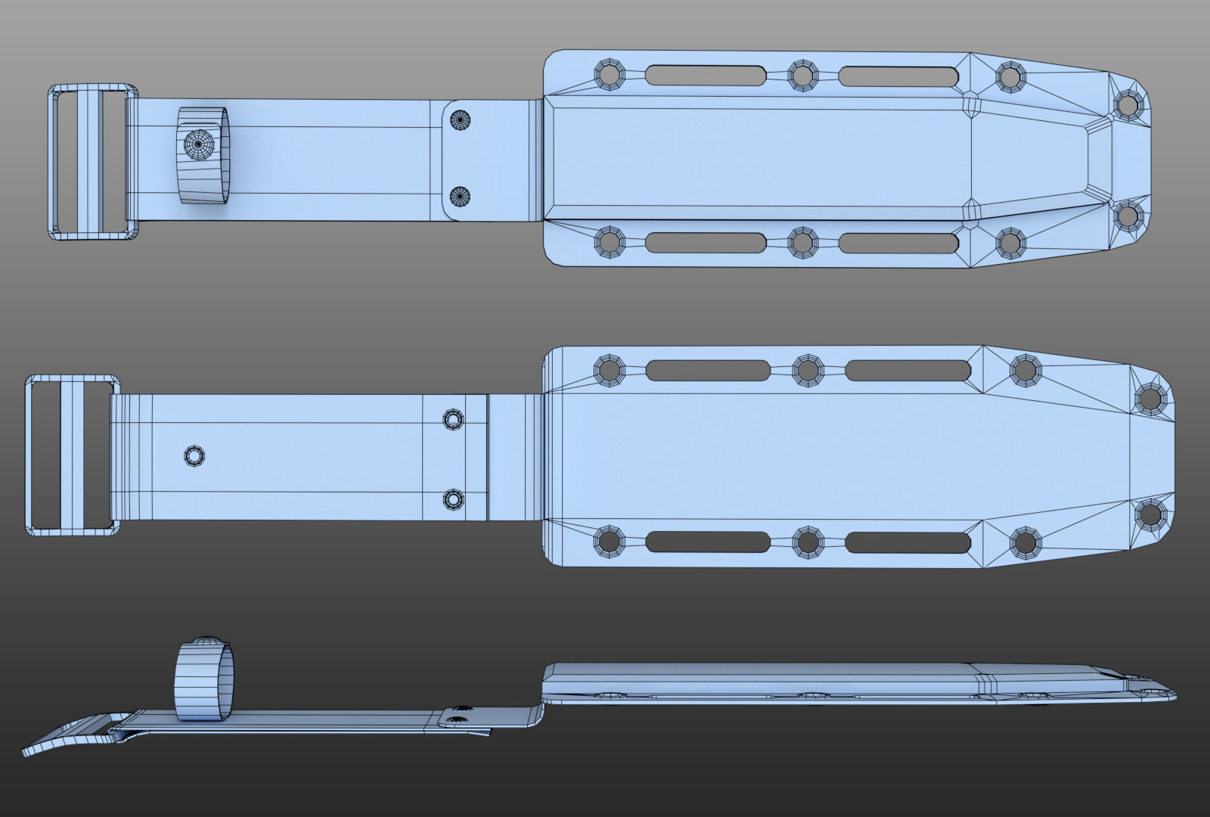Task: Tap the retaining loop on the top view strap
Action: pyautogui.click(x=205, y=156)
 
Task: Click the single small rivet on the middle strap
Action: pyautogui.click(x=194, y=456)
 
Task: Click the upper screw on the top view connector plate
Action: pyautogui.click(x=461, y=120)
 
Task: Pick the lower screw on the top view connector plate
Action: pyautogui.click(x=461, y=197)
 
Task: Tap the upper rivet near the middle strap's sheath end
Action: pyautogui.click(x=453, y=419)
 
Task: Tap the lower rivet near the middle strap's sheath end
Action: pyautogui.click(x=453, y=499)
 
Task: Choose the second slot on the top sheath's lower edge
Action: pyautogui.click(x=898, y=243)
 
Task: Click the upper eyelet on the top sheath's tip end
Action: pyautogui.click(x=1128, y=105)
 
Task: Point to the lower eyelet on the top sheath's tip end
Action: pyautogui.click(x=1128, y=217)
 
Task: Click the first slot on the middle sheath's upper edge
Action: pyautogui.click(x=709, y=370)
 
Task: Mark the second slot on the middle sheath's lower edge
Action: pyautogui.click(x=907, y=542)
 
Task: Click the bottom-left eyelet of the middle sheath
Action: pyautogui.click(x=608, y=542)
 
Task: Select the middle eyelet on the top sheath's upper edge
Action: pyautogui.click(x=803, y=74)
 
